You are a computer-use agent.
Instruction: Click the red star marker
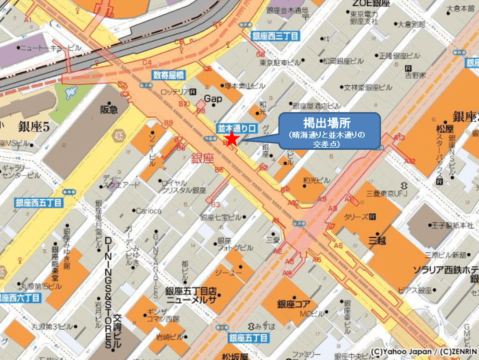(x=232, y=139)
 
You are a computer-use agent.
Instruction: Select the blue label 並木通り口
(x=236, y=128)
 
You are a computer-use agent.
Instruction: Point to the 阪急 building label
(x=109, y=109)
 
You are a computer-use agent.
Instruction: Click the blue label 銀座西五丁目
(x=39, y=203)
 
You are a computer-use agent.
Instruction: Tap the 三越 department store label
(x=378, y=240)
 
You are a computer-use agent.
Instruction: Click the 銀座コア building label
(x=295, y=303)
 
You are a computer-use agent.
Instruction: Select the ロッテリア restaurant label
(x=172, y=91)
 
